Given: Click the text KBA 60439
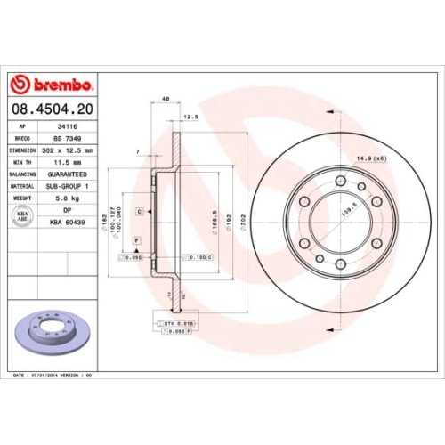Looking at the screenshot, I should [68, 222].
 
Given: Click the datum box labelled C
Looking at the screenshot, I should [140, 212].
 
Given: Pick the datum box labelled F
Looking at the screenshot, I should [137, 241].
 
